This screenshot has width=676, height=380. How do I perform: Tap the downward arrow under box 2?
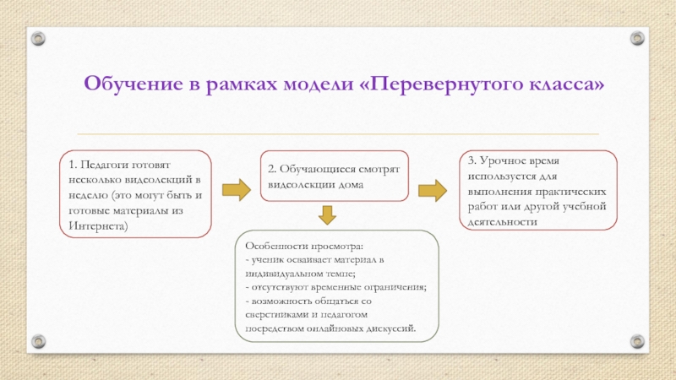point(327,216)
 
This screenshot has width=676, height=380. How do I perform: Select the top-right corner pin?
point(639,37)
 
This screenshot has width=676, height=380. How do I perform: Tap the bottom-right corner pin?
point(639,342)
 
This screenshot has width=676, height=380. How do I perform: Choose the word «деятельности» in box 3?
point(501,221)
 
